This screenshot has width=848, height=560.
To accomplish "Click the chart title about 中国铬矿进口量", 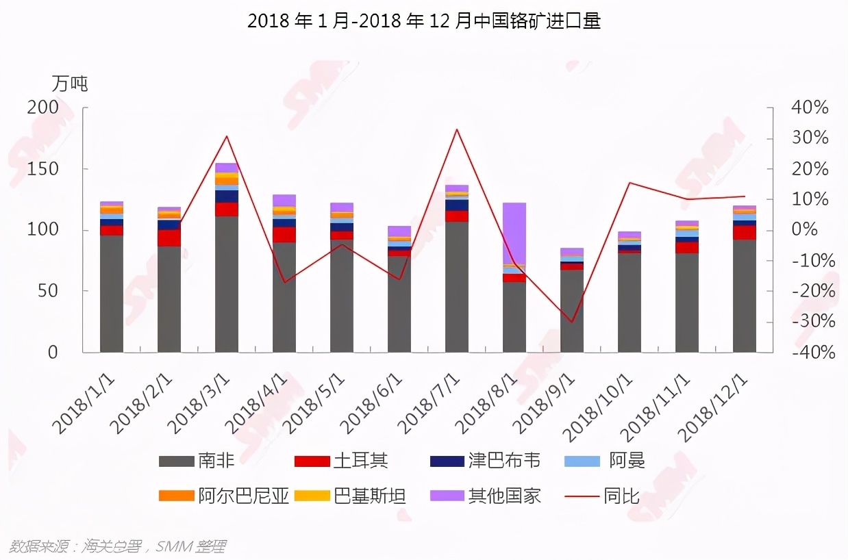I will tap(423, 21).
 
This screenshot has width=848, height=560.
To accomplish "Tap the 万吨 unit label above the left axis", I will tap(70, 84).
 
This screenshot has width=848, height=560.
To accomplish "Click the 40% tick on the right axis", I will tap(810, 107).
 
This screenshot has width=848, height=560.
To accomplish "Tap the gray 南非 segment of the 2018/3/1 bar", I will tap(227, 284).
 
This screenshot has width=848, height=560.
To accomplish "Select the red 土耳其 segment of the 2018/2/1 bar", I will tap(169, 238).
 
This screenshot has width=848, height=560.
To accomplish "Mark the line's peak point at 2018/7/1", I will tap(457, 129).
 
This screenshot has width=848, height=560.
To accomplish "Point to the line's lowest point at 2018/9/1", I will tap(572, 322).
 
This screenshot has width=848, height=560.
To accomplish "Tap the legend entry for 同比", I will tap(603, 496).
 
